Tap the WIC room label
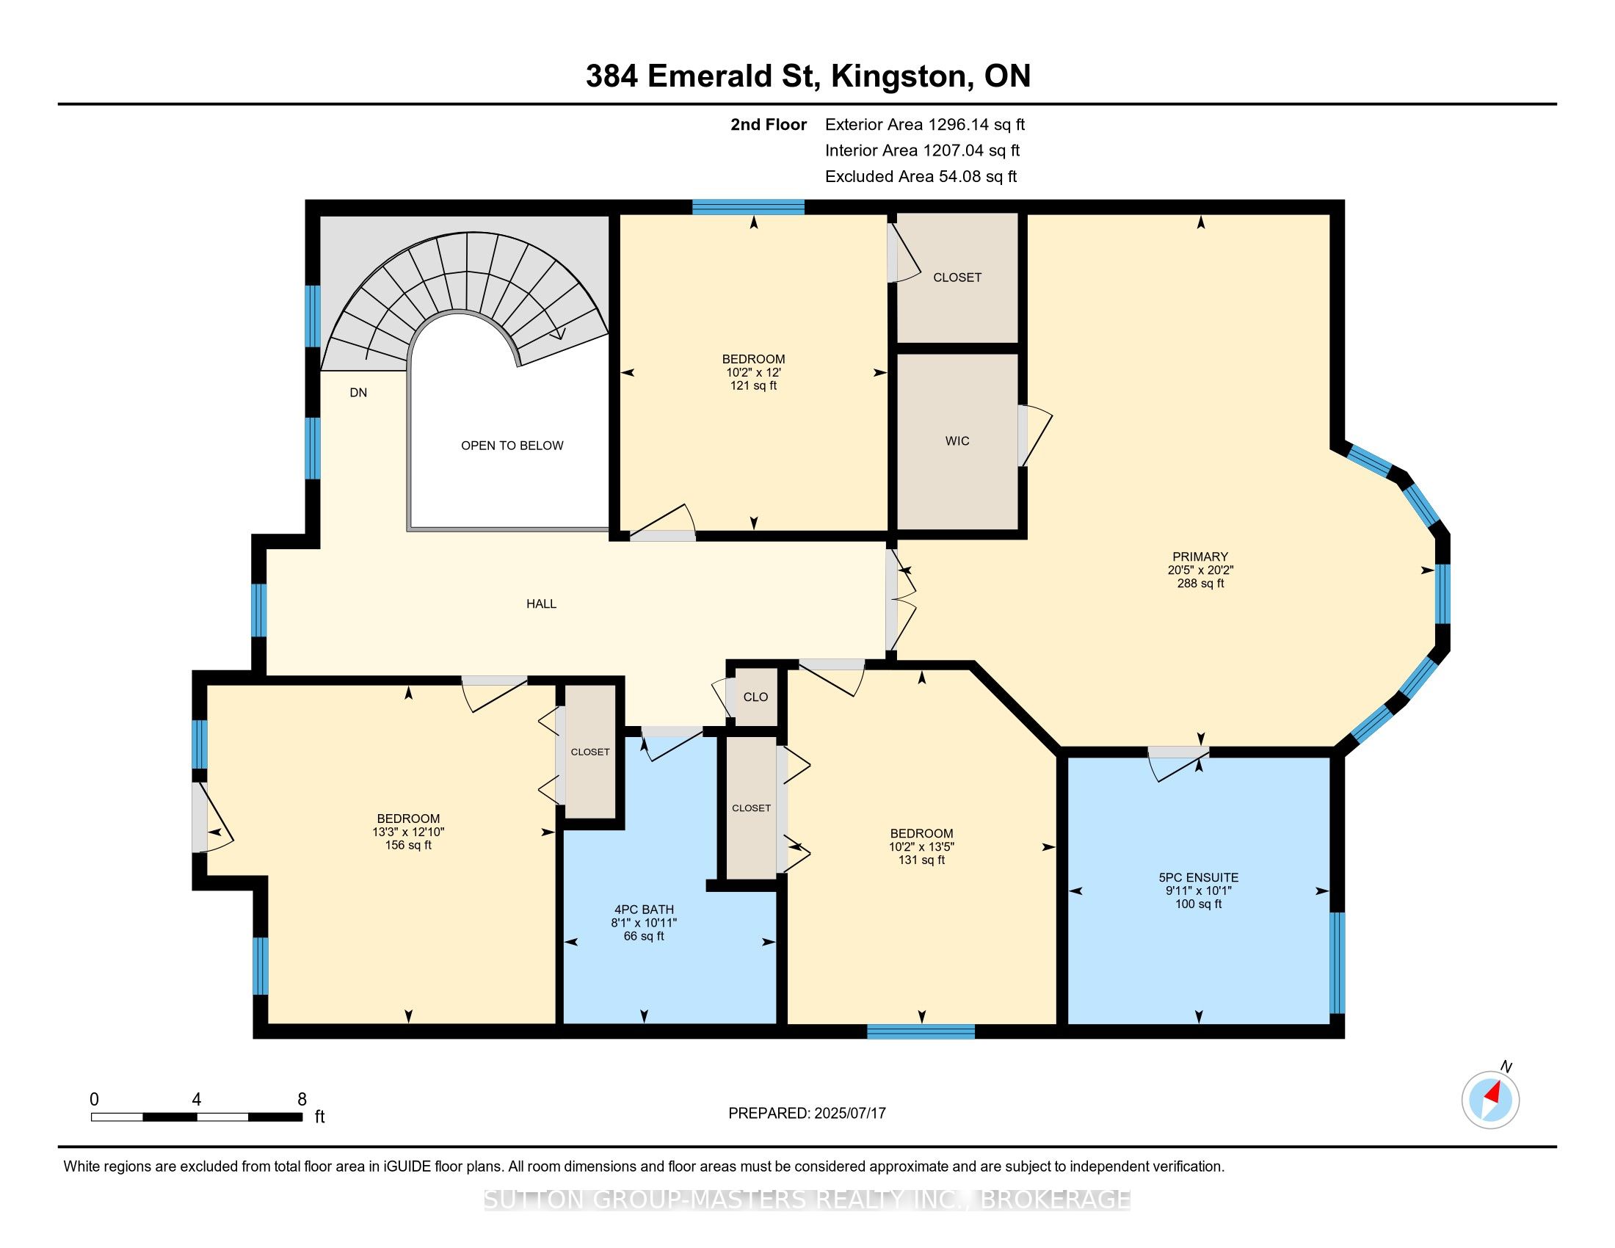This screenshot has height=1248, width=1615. point(957,441)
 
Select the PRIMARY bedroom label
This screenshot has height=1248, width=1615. point(1200,556)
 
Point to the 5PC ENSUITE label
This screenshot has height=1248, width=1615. point(1198,877)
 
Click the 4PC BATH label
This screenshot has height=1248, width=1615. point(644,910)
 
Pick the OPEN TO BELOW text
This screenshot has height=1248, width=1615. point(512,446)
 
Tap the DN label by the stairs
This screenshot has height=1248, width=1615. point(358,393)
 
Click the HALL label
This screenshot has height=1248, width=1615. point(541,604)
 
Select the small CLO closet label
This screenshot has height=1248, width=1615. point(755,697)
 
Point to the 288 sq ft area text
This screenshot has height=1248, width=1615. point(1200,584)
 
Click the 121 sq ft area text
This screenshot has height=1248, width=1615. point(753,386)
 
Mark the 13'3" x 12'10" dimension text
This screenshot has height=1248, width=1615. point(408,832)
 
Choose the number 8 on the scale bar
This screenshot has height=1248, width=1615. point(302,1099)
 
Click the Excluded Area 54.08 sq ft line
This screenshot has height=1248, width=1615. point(921,177)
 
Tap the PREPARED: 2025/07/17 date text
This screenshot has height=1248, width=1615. point(807,1113)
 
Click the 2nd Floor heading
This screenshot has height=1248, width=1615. point(769,125)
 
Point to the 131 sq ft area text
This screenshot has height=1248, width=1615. point(921,860)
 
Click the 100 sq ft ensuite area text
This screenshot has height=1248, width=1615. point(1198,904)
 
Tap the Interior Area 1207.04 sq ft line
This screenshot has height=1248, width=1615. point(922,150)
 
